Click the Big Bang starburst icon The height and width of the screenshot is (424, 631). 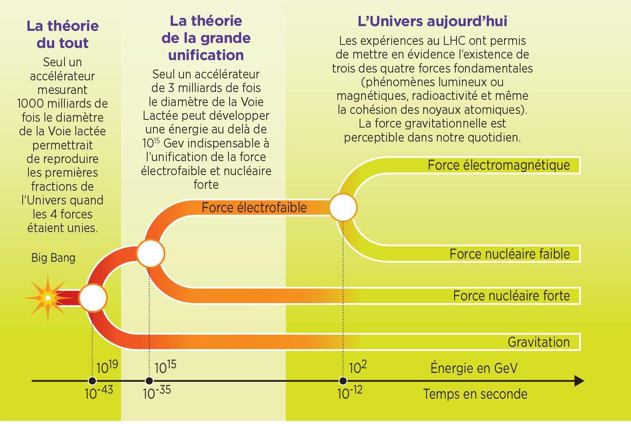point(48,298)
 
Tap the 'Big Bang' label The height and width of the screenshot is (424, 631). point(53,258)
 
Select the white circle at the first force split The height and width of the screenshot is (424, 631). point(93,298)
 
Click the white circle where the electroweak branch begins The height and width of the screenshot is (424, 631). point(150,253)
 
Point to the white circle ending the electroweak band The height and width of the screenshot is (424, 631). point(343,208)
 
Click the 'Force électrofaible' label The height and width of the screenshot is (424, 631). point(254,208)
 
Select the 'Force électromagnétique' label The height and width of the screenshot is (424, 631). point(499,165)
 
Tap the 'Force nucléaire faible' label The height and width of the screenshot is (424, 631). point(510,254)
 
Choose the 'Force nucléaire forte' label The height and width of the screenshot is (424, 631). point(511,296)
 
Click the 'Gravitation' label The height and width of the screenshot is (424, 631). point(538,342)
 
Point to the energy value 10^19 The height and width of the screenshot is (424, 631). point(107,367)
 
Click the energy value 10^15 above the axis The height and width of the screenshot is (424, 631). point(165,367)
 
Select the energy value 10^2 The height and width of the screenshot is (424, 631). point(358,367)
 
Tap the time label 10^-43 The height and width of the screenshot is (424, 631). point(99,392)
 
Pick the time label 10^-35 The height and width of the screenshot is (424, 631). point(157,392)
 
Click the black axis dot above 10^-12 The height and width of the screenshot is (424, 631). point(343,381)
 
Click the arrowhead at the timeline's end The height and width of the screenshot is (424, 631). point(579,381)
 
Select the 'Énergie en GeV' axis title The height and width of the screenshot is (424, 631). point(474,368)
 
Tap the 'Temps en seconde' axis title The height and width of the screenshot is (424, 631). point(475,394)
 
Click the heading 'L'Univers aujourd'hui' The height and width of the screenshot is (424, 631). point(432,21)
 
